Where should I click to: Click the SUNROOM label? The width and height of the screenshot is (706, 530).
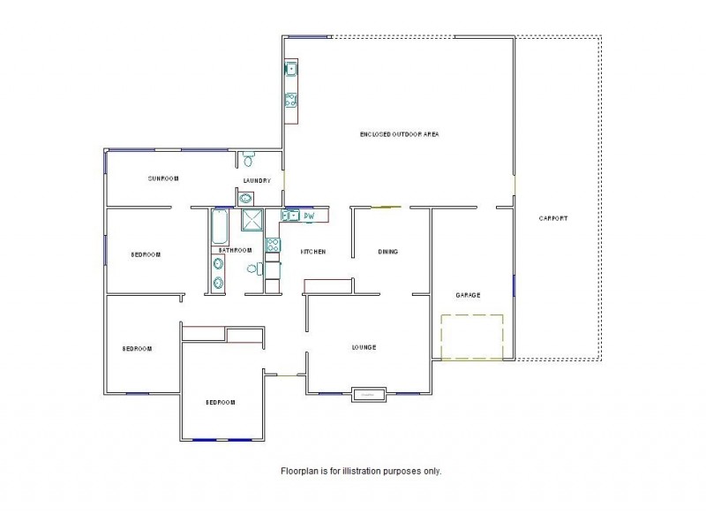(163, 178)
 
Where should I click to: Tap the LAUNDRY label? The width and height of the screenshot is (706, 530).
(257, 181)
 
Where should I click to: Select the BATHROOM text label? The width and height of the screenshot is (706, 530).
(237, 251)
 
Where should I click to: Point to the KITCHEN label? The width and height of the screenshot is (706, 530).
(313, 252)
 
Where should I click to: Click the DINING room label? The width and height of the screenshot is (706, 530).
(388, 252)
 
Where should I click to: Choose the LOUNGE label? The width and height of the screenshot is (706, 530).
(364, 347)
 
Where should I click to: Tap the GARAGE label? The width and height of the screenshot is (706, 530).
(468, 295)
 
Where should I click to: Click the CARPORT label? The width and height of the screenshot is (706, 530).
(553, 218)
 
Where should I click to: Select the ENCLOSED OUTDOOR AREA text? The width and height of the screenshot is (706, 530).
(399, 134)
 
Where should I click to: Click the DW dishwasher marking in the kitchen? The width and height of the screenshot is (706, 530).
(310, 216)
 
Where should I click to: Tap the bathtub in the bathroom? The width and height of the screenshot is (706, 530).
(220, 227)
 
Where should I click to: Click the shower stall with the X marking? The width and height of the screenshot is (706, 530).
(252, 220)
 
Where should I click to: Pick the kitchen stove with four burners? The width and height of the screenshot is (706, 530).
(273, 244)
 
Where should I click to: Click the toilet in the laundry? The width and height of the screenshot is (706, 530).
(249, 160)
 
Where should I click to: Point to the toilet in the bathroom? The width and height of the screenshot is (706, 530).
(252, 269)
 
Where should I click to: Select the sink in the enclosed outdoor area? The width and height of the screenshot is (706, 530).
(291, 69)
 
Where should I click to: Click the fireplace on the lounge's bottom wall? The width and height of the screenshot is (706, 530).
(369, 394)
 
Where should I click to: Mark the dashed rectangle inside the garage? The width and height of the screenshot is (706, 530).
(471, 337)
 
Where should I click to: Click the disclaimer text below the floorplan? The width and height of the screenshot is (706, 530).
(361, 471)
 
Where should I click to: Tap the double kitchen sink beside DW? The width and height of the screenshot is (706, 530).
(290, 216)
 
